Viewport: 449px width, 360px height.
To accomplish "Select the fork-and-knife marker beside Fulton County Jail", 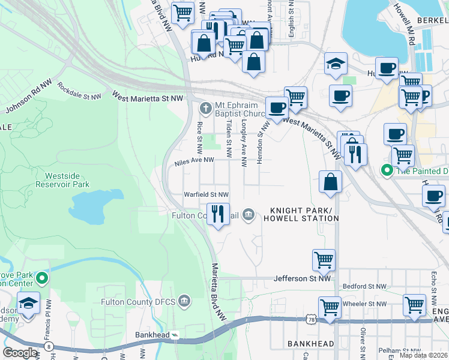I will [217, 213].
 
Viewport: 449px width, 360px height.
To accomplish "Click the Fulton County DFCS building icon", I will [184, 302].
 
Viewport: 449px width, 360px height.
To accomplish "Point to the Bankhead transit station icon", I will [174, 334].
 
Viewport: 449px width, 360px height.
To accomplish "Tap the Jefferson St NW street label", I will [302, 278].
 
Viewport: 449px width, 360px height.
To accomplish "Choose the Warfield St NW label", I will [206, 195].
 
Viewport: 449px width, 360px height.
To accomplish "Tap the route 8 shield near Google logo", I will [49, 346].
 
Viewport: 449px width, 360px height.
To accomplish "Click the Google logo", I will [20, 353].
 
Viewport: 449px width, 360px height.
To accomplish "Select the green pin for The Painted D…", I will [387, 170].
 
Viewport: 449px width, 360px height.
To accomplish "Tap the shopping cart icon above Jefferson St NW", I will [324, 260].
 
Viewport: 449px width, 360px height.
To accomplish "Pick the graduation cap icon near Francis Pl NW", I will [28, 304].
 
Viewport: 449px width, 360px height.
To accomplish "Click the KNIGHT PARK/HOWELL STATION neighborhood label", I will [304, 214].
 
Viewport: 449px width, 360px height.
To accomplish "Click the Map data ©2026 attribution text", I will [423, 355].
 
